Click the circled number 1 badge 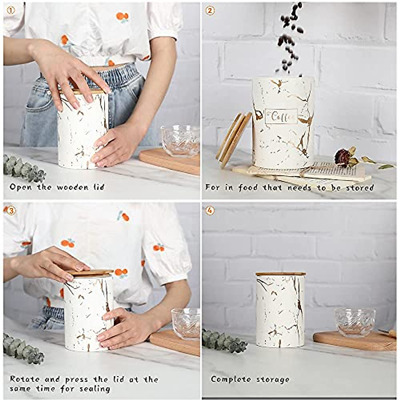[11, 11]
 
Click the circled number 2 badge [210, 11]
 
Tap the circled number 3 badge [11, 210]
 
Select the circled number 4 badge [210, 210]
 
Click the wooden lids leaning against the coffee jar [233, 140]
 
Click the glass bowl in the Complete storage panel [355, 322]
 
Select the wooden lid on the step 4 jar [280, 274]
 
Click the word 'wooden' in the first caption [71, 187]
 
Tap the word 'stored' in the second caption [360, 188]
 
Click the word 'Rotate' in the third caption [25, 379]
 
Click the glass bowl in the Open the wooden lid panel [180, 140]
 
